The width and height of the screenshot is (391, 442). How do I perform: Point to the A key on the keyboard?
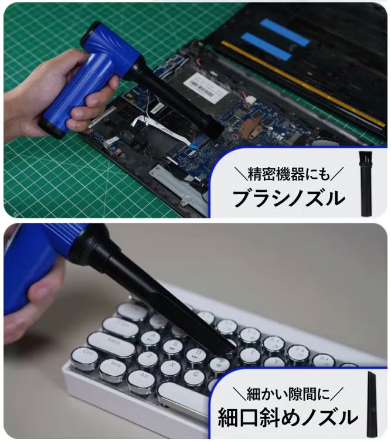point(152,337)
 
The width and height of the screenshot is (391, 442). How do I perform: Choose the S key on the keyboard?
point(175,346)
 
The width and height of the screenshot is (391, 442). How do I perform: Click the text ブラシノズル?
point(289,198)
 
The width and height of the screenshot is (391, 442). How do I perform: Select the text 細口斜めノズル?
point(288,417)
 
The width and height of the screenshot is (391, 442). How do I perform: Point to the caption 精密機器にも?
point(289,174)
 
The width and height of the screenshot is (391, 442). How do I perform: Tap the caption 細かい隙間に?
point(288,393)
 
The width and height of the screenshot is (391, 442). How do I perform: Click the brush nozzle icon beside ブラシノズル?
point(365,184)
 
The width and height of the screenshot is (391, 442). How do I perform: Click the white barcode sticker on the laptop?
point(206,86)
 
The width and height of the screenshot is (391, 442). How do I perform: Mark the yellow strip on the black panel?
point(303,84)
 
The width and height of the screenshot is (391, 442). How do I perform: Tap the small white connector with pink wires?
point(250,99)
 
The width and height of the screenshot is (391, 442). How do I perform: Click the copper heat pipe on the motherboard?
point(251,128)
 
